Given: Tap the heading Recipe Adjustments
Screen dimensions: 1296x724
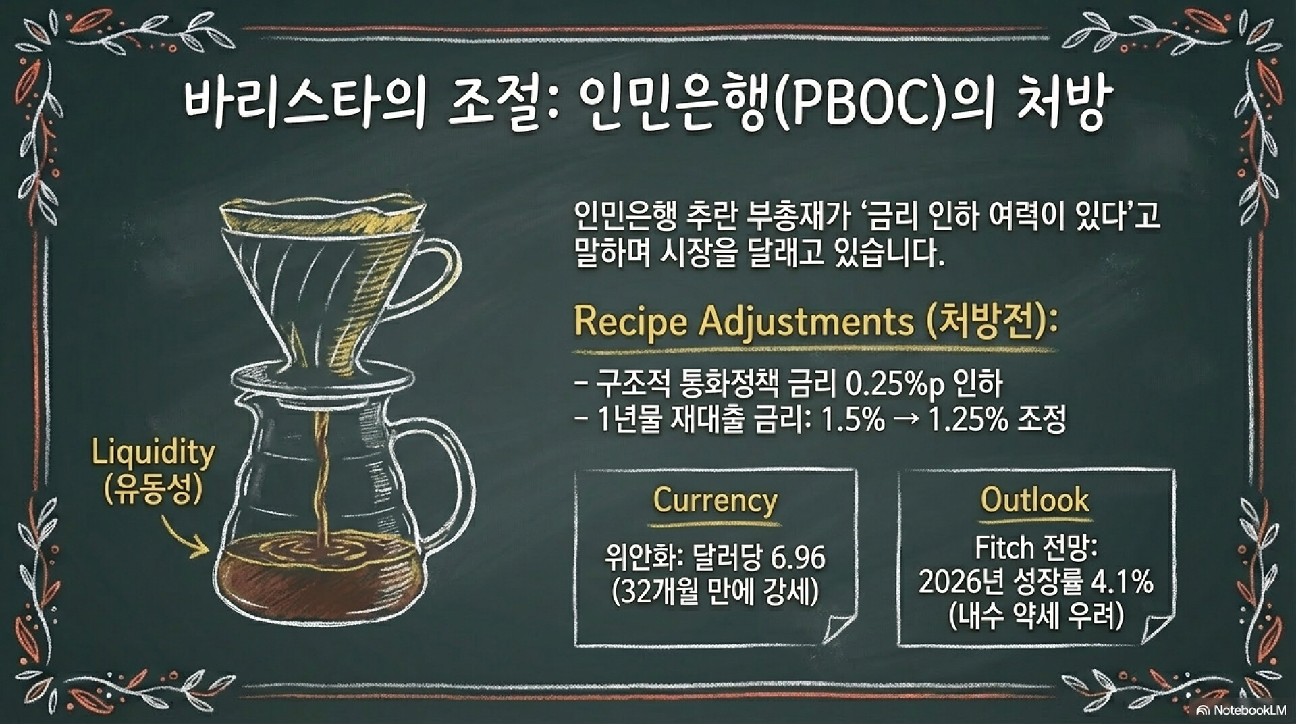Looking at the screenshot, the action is coord(743,321).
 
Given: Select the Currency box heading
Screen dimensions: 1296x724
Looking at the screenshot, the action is coord(715,500).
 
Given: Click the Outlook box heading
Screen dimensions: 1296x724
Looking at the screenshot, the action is coord(1035,500).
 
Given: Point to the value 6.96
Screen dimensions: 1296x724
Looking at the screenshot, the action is coord(798,558).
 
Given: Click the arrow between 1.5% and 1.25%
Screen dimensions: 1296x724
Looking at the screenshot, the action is coord(907,421).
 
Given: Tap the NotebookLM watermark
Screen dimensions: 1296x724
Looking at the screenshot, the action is coord(1241,710).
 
